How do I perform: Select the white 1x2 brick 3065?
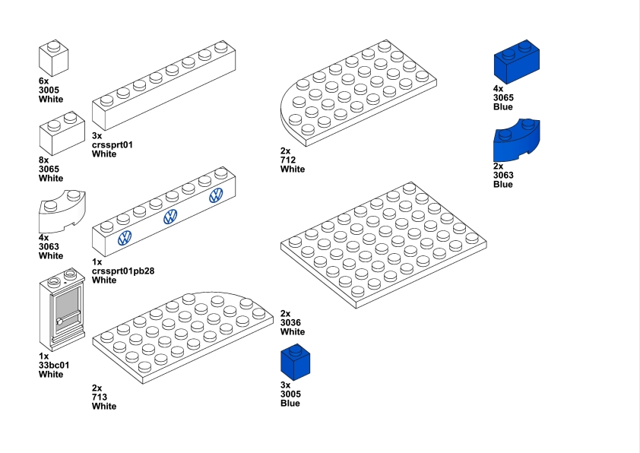[62, 135]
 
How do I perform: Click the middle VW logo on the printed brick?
[170, 217]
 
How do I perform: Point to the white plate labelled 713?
[183, 335]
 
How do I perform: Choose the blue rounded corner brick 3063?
[518, 141]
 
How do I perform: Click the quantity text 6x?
[43, 81]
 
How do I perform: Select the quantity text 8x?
[43, 160]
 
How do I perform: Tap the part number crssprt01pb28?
[123, 271]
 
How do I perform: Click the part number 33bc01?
[54, 365]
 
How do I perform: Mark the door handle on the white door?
[59, 322]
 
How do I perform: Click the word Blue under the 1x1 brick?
[290, 403]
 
